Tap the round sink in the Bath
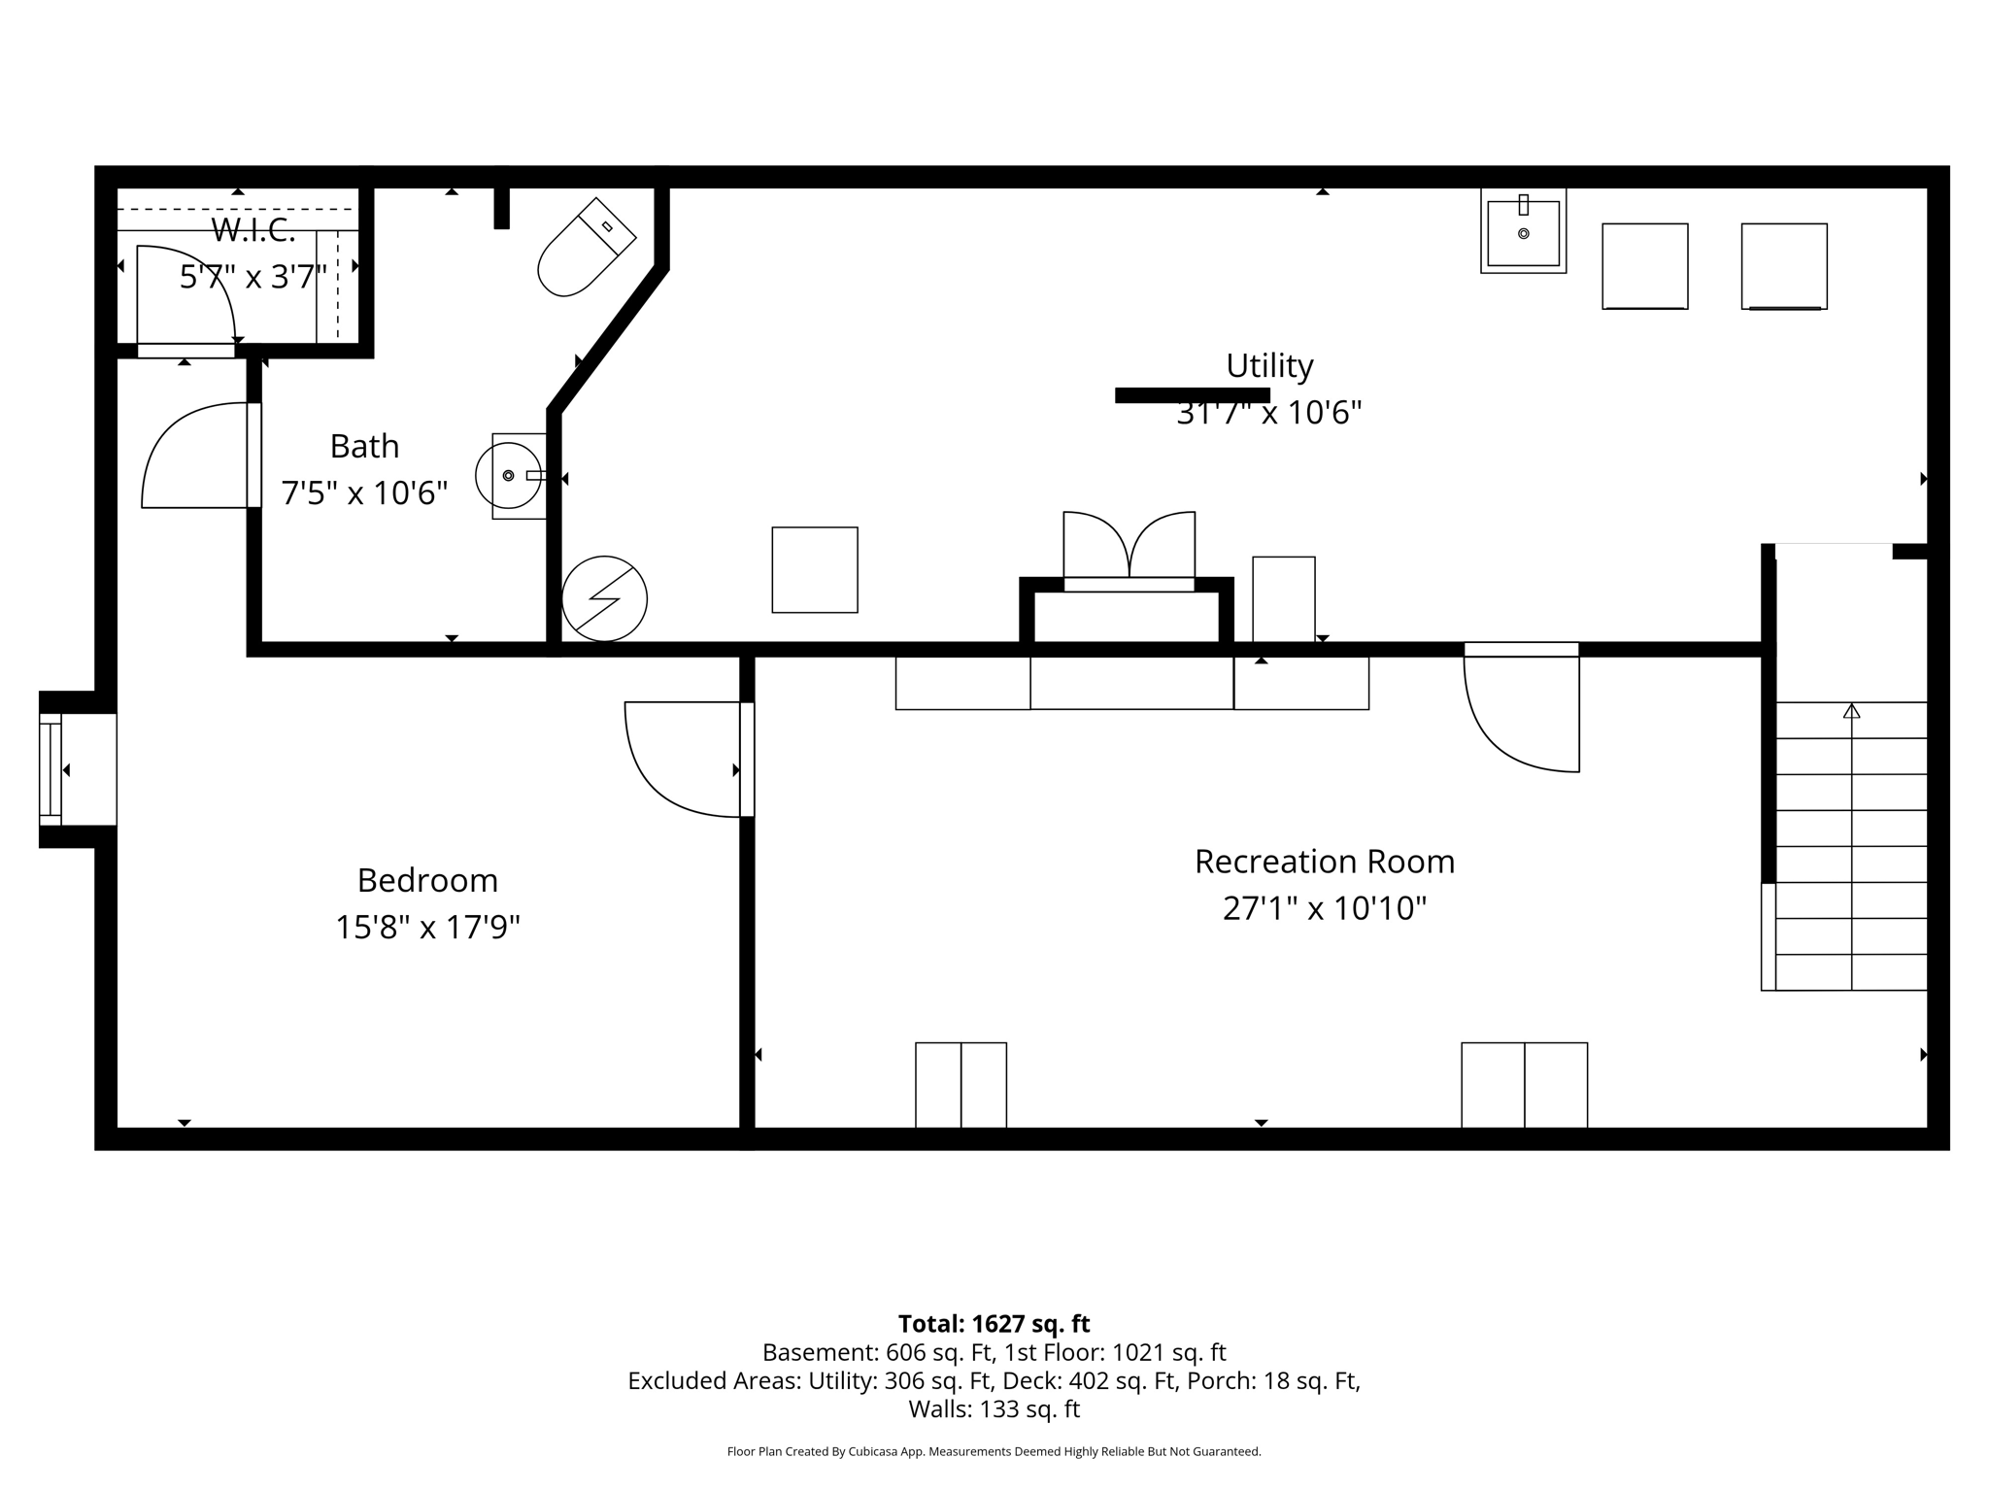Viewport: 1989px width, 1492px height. [x=509, y=476]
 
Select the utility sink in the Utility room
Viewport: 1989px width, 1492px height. [x=1523, y=232]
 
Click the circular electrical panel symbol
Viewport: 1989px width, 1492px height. [x=604, y=598]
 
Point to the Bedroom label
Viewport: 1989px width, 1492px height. [x=427, y=880]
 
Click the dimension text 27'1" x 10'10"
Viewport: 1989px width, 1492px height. [x=1324, y=908]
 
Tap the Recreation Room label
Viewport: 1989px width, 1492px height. [x=1324, y=862]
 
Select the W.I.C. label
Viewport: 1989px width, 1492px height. [x=253, y=230]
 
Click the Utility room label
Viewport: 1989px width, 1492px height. [x=1269, y=366]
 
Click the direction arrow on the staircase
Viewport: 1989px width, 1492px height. [x=1851, y=711]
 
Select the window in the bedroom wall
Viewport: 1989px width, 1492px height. [x=51, y=769]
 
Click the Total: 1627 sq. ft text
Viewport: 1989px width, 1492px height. [x=994, y=1324]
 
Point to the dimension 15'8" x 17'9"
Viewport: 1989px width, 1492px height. [x=427, y=927]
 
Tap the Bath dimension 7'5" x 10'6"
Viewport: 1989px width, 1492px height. [x=364, y=493]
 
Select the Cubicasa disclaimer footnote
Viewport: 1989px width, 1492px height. [x=994, y=1451]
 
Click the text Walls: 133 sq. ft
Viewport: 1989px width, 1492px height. [x=994, y=1408]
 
